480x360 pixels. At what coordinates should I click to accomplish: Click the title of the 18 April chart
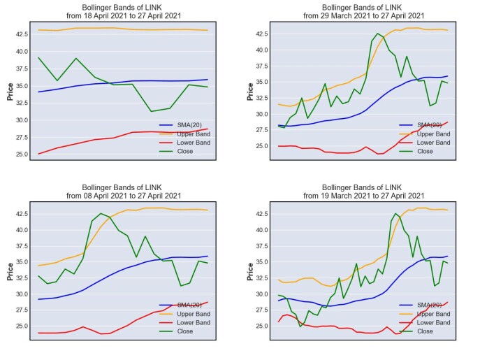tap(124, 12)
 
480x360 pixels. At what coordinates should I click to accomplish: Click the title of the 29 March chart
tap(364, 12)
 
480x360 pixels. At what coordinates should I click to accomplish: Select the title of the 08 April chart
tap(124, 192)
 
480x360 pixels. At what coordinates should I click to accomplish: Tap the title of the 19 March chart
tap(364, 192)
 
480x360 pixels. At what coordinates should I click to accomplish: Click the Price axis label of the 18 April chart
tap(10, 92)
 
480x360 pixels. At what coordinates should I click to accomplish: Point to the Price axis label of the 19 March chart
tap(250, 271)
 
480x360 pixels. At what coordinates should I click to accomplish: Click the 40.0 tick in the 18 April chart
tap(22, 52)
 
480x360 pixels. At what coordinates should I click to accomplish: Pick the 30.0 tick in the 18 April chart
tap(22, 120)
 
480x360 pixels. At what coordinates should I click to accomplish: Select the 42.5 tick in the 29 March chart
tap(262, 34)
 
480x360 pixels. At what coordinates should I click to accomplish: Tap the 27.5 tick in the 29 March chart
tap(262, 130)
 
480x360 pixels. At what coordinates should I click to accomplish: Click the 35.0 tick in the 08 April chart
tap(22, 262)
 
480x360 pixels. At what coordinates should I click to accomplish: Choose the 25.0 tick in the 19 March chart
tap(262, 326)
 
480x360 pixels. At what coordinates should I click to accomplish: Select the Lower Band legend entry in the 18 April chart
tap(184, 143)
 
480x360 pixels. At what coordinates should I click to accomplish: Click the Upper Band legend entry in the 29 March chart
tap(425, 134)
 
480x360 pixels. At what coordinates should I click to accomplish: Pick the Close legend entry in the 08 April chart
tap(176, 331)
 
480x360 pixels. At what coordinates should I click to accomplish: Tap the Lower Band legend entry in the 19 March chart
tap(425, 323)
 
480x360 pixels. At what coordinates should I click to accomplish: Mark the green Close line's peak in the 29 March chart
tap(377, 34)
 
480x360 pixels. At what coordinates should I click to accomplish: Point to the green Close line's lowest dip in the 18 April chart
tap(151, 111)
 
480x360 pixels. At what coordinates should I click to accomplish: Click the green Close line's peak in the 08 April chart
tap(101, 213)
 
